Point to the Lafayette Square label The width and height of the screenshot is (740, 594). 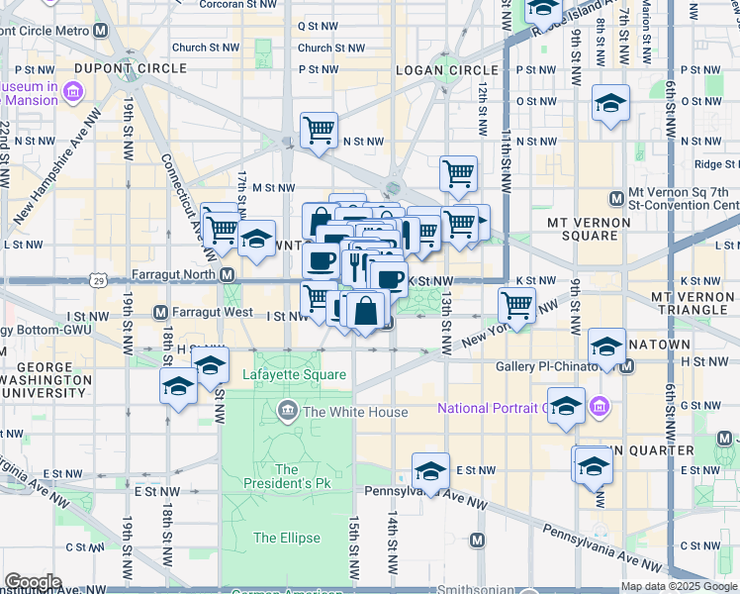pos(294,374)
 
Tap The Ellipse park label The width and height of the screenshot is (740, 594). pos(286,538)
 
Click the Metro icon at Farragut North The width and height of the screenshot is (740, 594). pos(227,274)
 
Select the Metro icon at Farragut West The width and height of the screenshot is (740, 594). pos(160,313)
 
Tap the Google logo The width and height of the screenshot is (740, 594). pos(33,581)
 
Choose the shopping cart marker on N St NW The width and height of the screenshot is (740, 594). pos(319,130)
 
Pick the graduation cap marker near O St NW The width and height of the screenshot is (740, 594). pos(610,103)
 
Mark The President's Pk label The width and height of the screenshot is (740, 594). pos(287,477)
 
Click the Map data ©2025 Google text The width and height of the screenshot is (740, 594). pos(679,586)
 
